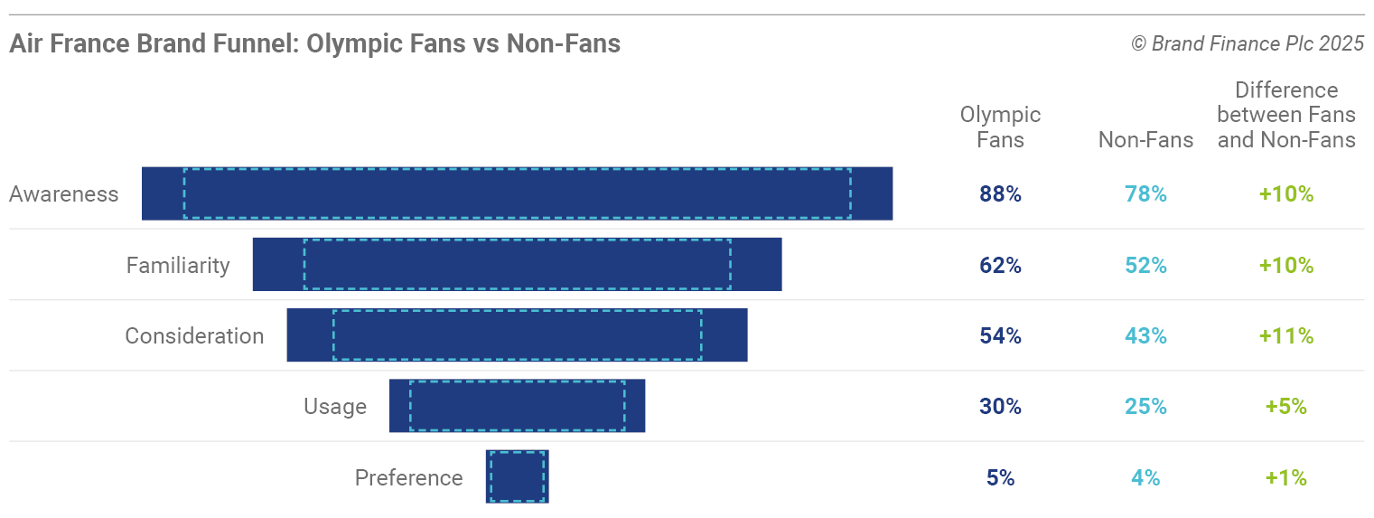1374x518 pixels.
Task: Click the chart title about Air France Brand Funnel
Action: pyautogui.click(x=314, y=43)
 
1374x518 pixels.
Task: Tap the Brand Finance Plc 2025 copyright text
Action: pyautogui.click(x=1248, y=43)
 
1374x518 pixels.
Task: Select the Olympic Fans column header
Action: pyautogui.click(x=1000, y=127)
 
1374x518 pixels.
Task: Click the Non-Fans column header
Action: pyautogui.click(x=1145, y=140)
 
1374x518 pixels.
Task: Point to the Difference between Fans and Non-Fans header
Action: pyautogui.click(x=1286, y=115)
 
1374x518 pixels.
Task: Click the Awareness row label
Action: pyautogui.click(x=64, y=194)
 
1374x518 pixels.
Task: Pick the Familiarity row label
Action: pyautogui.click(x=178, y=266)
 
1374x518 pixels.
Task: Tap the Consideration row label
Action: pyautogui.click(x=194, y=336)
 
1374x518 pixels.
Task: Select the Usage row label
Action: pyautogui.click(x=335, y=407)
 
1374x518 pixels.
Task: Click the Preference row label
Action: pyautogui.click(x=408, y=477)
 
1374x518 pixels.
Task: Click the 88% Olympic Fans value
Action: pyautogui.click(x=1000, y=194)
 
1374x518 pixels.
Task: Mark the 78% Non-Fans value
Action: pyautogui.click(x=1145, y=194)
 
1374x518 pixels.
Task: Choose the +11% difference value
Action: pyautogui.click(x=1286, y=336)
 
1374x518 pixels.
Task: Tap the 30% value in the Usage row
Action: pyautogui.click(x=1000, y=407)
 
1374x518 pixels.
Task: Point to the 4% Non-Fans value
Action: pyautogui.click(x=1145, y=477)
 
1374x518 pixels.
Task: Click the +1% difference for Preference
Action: pyautogui.click(x=1286, y=477)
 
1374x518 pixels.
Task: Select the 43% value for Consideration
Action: pyautogui.click(x=1145, y=336)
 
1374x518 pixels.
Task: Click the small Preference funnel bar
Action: pyautogui.click(x=517, y=476)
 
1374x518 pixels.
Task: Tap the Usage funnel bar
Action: pyautogui.click(x=517, y=406)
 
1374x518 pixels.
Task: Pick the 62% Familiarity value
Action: pyautogui.click(x=1000, y=266)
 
